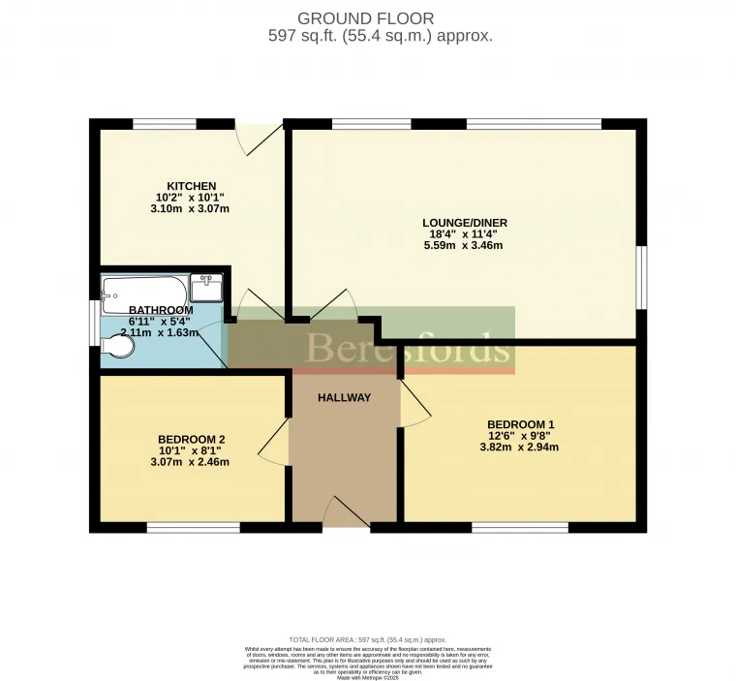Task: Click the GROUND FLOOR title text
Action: coord(366,18)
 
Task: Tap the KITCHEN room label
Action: coord(191,186)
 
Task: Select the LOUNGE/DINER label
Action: coord(472,223)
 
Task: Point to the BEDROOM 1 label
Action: coord(520,424)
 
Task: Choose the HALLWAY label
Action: coord(344,397)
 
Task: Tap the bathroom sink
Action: coord(206,287)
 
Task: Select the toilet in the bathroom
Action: coord(118,346)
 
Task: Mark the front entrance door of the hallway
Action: coord(346,512)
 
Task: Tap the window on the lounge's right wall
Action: coord(641,277)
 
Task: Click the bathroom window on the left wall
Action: coord(94,321)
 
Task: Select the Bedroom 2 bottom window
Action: coord(193,528)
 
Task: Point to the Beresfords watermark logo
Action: coord(407,348)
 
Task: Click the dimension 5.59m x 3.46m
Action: coord(472,246)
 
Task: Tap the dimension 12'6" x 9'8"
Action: coord(520,436)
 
